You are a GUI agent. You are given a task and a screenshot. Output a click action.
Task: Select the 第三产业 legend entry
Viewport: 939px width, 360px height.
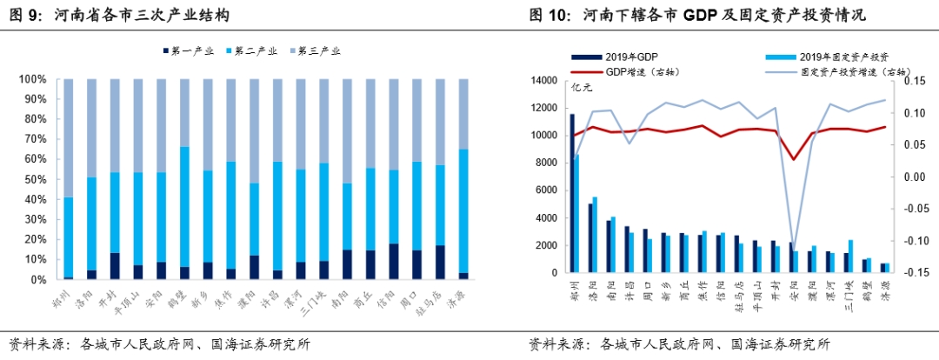[313, 51]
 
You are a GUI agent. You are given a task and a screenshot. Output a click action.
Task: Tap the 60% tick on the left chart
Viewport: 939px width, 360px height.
[33, 159]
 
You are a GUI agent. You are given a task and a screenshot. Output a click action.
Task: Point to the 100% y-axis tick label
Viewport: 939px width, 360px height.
[30, 79]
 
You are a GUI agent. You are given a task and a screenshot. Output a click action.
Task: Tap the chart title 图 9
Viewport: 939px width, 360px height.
[119, 16]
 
